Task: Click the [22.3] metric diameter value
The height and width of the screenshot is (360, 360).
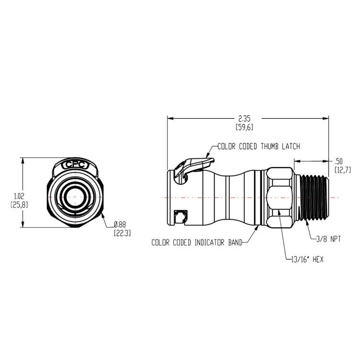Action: coord(122,233)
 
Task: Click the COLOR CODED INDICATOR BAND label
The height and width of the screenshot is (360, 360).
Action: coord(196,242)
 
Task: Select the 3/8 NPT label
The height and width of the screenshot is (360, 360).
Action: coord(328,239)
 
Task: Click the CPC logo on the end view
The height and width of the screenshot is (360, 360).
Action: coord(75,164)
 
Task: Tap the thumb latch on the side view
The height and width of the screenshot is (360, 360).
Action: coord(191,165)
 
